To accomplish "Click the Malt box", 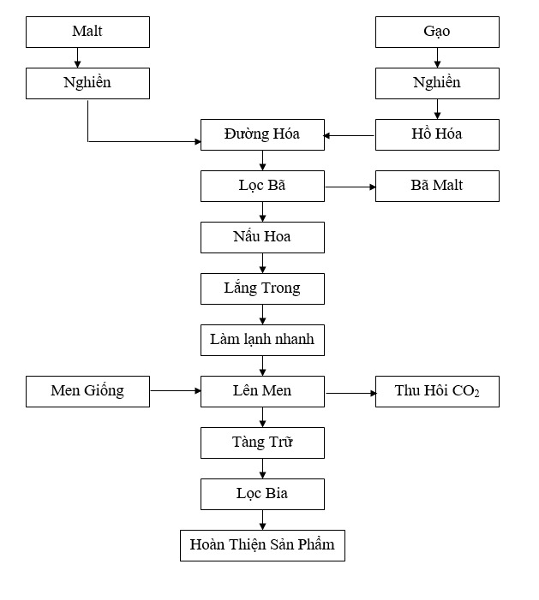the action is click(x=87, y=33).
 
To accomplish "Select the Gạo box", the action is click(x=437, y=33).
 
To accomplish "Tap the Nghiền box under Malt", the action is click(x=87, y=83).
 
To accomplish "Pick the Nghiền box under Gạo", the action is click(x=437, y=83).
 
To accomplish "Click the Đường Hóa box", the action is click(x=262, y=134).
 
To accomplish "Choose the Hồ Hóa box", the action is click(x=437, y=134).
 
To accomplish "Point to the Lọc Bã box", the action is click(x=262, y=186).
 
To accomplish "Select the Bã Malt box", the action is click(x=437, y=186).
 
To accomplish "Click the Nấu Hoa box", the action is click(x=262, y=237).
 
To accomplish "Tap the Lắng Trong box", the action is click(x=262, y=289).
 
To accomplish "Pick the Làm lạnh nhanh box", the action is click(x=262, y=340).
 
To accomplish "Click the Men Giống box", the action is click(x=87, y=391).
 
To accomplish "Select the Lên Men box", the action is click(x=262, y=391).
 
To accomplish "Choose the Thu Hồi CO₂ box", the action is click(x=437, y=391).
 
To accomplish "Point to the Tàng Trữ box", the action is click(x=262, y=443).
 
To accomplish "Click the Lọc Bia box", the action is click(x=262, y=494).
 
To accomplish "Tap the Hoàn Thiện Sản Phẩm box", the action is click(x=262, y=546).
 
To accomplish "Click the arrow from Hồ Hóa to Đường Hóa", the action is click(x=349, y=135).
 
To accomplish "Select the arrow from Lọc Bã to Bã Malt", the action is click(x=350, y=187).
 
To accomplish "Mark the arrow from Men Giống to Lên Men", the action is click(x=176, y=390).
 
